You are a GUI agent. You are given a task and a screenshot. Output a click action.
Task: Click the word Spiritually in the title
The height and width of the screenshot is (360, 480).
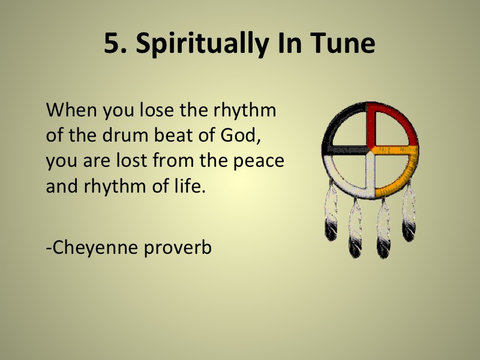click(x=202, y=44)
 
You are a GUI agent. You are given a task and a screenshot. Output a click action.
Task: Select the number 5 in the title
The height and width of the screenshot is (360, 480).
click(x=113, y=43)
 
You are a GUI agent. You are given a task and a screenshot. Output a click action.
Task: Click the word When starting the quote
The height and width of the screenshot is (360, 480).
click(x=71, y=110)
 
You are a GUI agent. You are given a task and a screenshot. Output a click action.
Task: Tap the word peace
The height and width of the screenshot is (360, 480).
click(x=259, y=162)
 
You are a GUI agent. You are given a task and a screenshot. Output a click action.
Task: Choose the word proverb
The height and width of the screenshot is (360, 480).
click(x=178, y=248)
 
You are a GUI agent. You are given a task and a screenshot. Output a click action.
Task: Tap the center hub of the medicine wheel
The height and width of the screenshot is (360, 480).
click(x=370, y=151)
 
